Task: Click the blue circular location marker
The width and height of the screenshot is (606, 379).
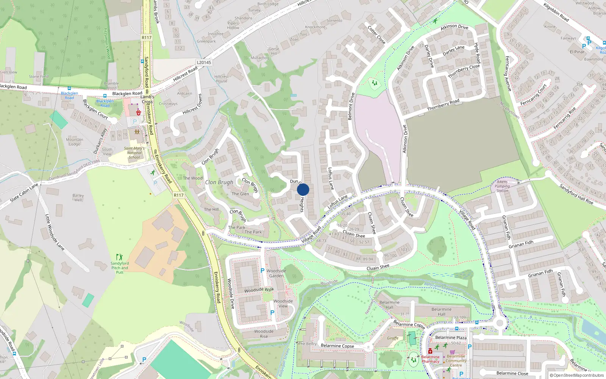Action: coord(303,189)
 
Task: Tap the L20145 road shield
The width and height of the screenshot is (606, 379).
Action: coord(204,63)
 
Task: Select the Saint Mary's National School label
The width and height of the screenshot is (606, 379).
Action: coord(134,153)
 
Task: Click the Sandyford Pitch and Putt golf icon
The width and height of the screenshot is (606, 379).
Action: coord(120,257)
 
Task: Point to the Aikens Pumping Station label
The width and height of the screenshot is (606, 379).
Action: coord(502,186)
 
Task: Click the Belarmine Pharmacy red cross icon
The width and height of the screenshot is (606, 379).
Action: coord(430,351)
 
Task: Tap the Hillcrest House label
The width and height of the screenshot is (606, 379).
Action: coord(222,79)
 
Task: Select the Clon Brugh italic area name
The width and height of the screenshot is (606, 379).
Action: coord(219,182)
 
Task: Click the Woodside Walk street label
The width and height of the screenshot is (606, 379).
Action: coord(259,290)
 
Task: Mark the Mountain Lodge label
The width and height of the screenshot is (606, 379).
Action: coord(75,142)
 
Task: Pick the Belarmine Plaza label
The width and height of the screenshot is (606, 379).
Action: coord(451,338)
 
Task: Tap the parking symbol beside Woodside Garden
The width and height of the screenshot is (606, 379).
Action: coord(262,271)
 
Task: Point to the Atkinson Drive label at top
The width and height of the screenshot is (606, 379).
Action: coord(454,27)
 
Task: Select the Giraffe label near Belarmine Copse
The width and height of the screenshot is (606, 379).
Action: coord(393,338)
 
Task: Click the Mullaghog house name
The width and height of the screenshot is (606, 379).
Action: coord(260,58)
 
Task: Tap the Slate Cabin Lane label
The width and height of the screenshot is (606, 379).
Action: coord(24,193)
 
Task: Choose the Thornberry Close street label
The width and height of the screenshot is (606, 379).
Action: coord(464,71)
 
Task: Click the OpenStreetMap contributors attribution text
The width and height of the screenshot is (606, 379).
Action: coord(578,376)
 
